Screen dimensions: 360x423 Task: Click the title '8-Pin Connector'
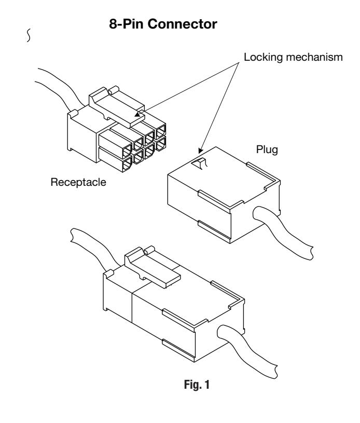tap(163, 24)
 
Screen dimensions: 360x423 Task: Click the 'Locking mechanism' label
tap(293, 57)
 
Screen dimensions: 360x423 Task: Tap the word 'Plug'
tap(267, 149)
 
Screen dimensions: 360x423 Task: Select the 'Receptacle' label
tap(78, 182)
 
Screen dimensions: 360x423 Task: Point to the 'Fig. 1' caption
tap(197, 385)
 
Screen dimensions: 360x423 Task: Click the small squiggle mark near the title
tap(29, 35)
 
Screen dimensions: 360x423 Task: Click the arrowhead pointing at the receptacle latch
tap(138, 114)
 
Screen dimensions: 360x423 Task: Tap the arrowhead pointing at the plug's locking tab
tap(200, 151)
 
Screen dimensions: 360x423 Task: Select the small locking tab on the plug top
tap(199, 163)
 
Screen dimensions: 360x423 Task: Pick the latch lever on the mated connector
tap(152, 267)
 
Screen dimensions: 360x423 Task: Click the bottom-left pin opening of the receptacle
tap(127, 164)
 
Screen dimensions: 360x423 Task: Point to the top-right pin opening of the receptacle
tap(161, 131)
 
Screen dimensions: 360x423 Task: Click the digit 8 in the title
tap(113, 24)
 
